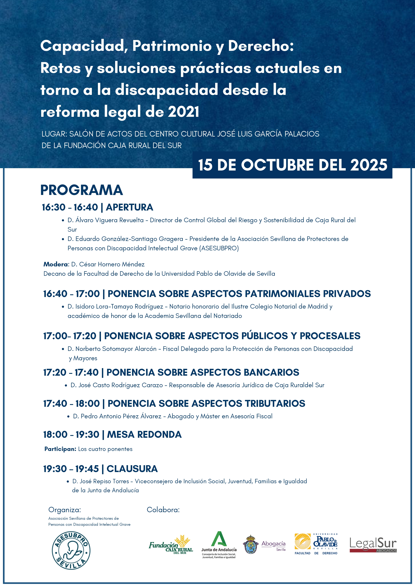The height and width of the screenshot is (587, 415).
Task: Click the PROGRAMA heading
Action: (x=81, y=190)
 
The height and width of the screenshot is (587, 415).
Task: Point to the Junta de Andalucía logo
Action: (x=219, y=544)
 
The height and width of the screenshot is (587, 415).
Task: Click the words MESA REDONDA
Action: (x=144, y=435)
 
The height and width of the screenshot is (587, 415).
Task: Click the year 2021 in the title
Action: (x=184, y=112)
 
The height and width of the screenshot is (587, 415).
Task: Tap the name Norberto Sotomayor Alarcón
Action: (x=116, y=349)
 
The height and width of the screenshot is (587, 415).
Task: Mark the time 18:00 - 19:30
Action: (x=71, y=435)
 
